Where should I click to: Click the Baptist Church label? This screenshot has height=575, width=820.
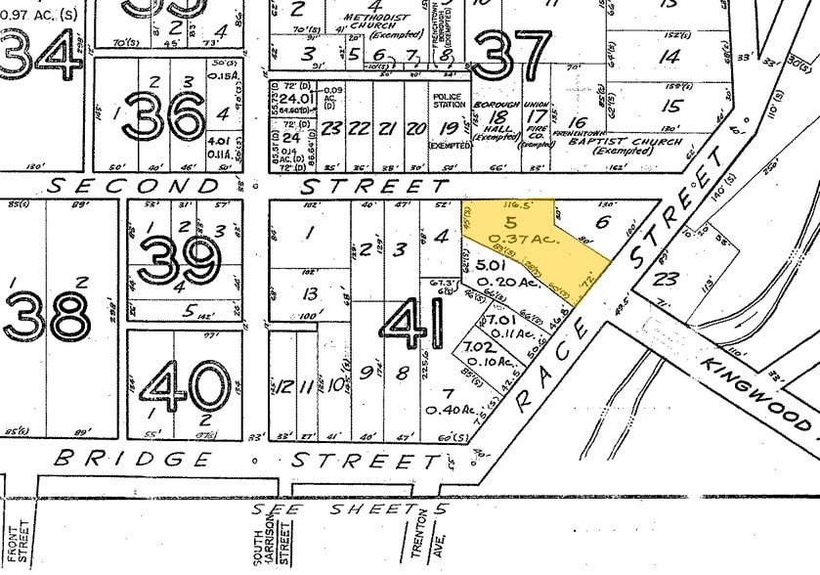pyautogui.click(x=604, y=146)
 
